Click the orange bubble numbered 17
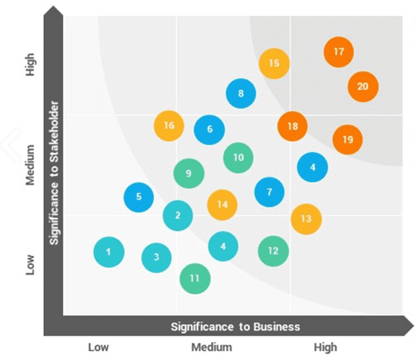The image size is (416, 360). click(x=339, y=52)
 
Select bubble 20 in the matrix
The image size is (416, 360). click(x=363, y=86)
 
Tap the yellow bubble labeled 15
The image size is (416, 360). click(x=274, y=63)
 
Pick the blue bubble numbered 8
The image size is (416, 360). click(x=241, y=94)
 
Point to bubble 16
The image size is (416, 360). click(x=169, y=126)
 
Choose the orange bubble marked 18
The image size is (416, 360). click(x=292, y=127)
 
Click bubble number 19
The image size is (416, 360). click(x=348, y=140)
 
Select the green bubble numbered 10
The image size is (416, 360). click(x=238, y=158)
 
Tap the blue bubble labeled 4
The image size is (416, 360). click(x=312, y=167)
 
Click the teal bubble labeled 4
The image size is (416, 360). click(x=223, y=246)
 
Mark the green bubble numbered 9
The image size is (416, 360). click(x=188, y=174)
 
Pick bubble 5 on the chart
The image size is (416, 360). click(x=139, y=197)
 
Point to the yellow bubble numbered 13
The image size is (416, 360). click(x=306, y=218)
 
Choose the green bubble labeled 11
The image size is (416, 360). click(x=194, y=278)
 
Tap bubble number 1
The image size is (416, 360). click(x=109, y=252)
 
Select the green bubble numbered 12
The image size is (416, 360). click(x=273, y=251)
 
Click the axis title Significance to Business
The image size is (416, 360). click(x=235, y=327)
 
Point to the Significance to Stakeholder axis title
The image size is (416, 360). click(x=54, y=173)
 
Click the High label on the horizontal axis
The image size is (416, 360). click(x=325, y=347)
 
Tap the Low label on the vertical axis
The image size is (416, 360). click(x=30, y=265)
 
